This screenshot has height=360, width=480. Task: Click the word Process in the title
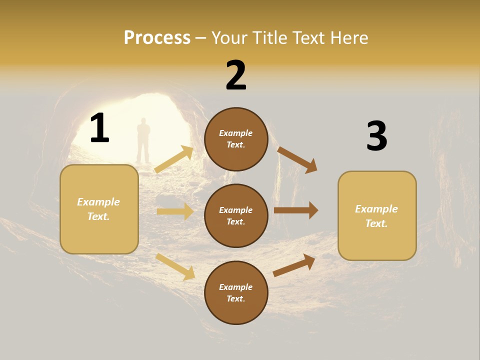coord(157,38)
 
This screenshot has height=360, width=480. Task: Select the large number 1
coord(99,128)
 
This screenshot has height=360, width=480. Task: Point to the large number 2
coord(236,75)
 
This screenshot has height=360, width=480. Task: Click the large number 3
coord(376,136)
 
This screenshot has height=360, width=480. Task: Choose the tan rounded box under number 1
coord(99,209)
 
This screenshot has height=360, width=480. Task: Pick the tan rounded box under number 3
coord(377,215)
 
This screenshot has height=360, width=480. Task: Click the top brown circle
coord(236,139)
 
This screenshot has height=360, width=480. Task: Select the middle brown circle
coord(236,215)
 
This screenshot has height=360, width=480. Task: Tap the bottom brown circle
coord(236,292)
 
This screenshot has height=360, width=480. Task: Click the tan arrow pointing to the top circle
coord(174,159)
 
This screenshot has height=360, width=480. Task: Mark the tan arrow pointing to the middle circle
coord(175,211)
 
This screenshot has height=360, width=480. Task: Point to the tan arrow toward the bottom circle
coord(175,266)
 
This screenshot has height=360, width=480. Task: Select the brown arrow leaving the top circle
coord(297,160)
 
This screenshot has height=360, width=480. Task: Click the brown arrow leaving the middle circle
coord(296,210)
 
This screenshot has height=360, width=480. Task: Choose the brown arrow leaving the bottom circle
coord(294,265)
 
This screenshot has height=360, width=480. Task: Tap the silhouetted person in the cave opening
coord(143,140)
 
